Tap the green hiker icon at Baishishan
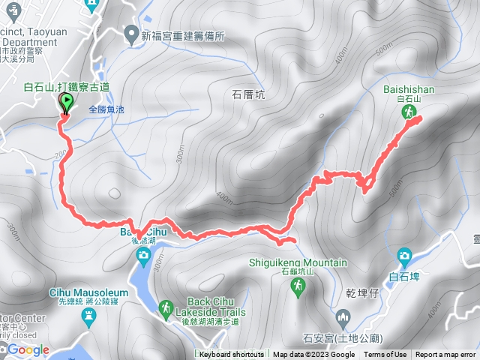pos(409,112)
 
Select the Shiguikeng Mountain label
pos(298,262)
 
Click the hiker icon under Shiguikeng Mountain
pos(298,286)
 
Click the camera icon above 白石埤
pos(405,256)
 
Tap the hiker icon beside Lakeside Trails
pos(165,308)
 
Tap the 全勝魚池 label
pos(108,109)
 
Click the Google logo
pos(28,349)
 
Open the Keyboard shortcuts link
pos(232,355)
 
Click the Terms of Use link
pos(385,355)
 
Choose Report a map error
pos(445,355)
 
